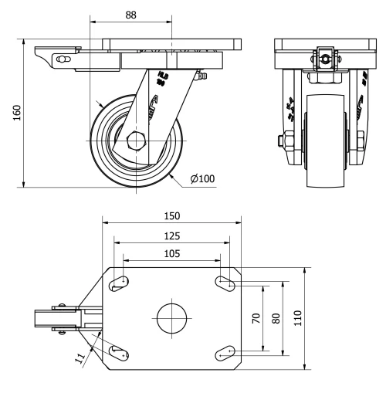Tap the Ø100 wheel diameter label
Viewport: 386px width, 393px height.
pos(201,179)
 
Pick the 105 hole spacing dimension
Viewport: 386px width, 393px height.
pos(172,252)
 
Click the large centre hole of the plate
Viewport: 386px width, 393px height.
pos(172,317)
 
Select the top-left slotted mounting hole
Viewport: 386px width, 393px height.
pos(119,283)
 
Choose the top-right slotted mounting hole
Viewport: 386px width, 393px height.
pos(225,283)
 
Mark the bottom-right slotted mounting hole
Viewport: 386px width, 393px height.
pos(225,353)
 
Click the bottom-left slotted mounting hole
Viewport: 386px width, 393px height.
pos(119,353)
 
